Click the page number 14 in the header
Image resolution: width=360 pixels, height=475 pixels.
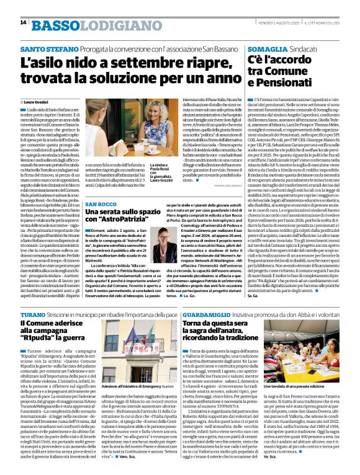coord(23,23)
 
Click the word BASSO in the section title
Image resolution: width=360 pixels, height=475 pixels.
coord(54,24)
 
